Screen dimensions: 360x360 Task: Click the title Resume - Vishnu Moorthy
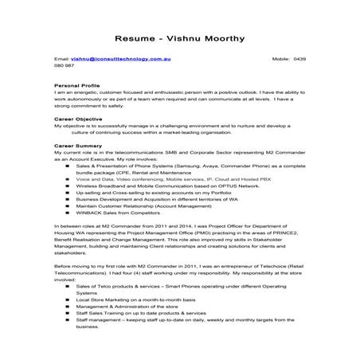coord(179,37)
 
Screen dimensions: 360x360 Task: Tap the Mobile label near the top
coord(281,60)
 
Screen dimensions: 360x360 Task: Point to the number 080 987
coord(65,68)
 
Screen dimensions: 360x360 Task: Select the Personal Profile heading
coord(77,84)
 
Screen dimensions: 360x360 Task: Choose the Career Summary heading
coord(77,147)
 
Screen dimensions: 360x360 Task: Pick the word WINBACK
coord(92,221)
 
